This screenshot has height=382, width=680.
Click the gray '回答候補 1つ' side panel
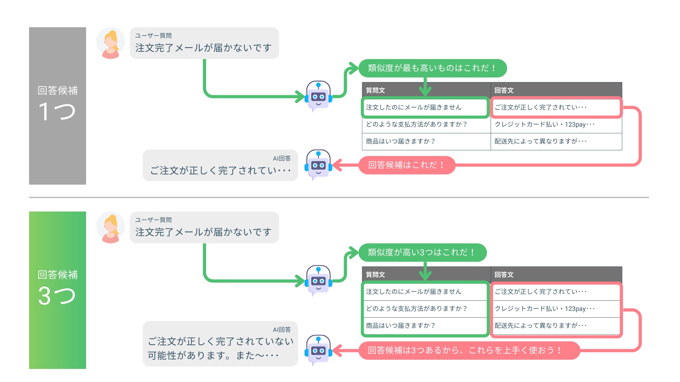pyautogui.click(x=57, y=106)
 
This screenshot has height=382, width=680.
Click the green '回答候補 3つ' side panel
pyautogui.click(x=57, y=290)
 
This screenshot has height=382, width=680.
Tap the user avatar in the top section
pyautogui.click(x=110, y=43)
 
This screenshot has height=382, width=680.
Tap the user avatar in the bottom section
pyautogui.click(x=110, y=227)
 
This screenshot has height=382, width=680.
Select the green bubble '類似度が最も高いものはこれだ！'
pyautogui.click(x=432, y=68)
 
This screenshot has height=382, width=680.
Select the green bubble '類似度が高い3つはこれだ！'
pyautogui.click(x=422, y=252)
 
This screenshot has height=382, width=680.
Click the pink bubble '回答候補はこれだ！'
pyautogui.click(x=407, y=165)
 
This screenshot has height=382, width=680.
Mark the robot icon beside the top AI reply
pyautogui.click(x=318, y=165)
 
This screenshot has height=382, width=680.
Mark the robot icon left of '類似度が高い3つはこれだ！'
pyautogui.click(x=318, y=280)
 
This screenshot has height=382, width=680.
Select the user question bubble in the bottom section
pyautogui.click(x=204, y=227)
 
